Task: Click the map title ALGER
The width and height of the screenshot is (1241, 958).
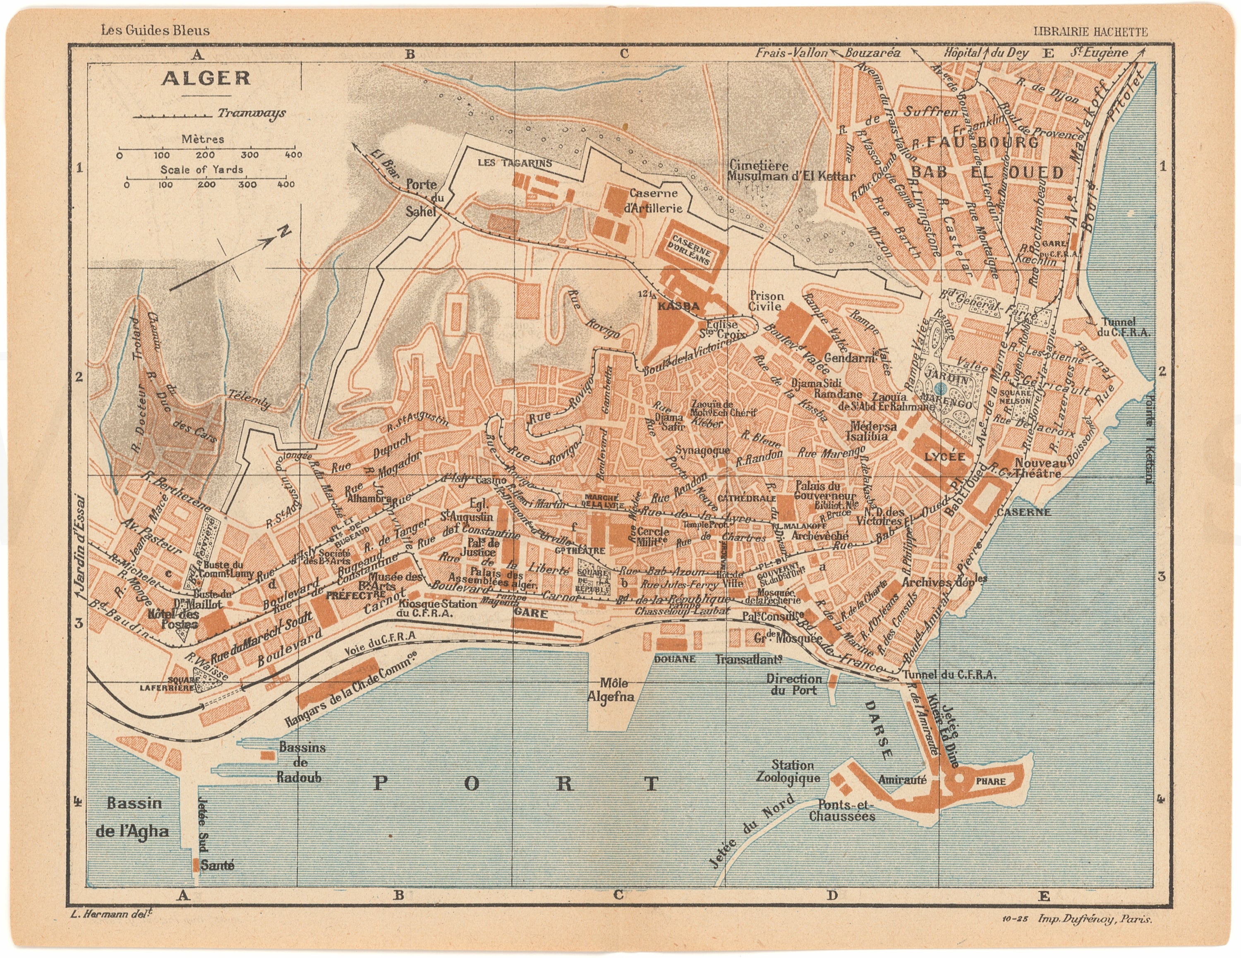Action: [206, 78]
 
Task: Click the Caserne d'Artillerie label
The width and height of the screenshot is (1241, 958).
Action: [655, 201]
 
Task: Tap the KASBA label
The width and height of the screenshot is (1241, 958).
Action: [678, 306]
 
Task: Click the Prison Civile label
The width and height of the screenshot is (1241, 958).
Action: [767, 301]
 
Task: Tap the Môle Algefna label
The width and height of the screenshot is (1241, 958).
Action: [611, 689]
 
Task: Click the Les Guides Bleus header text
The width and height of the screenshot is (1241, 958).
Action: [155, 31]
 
